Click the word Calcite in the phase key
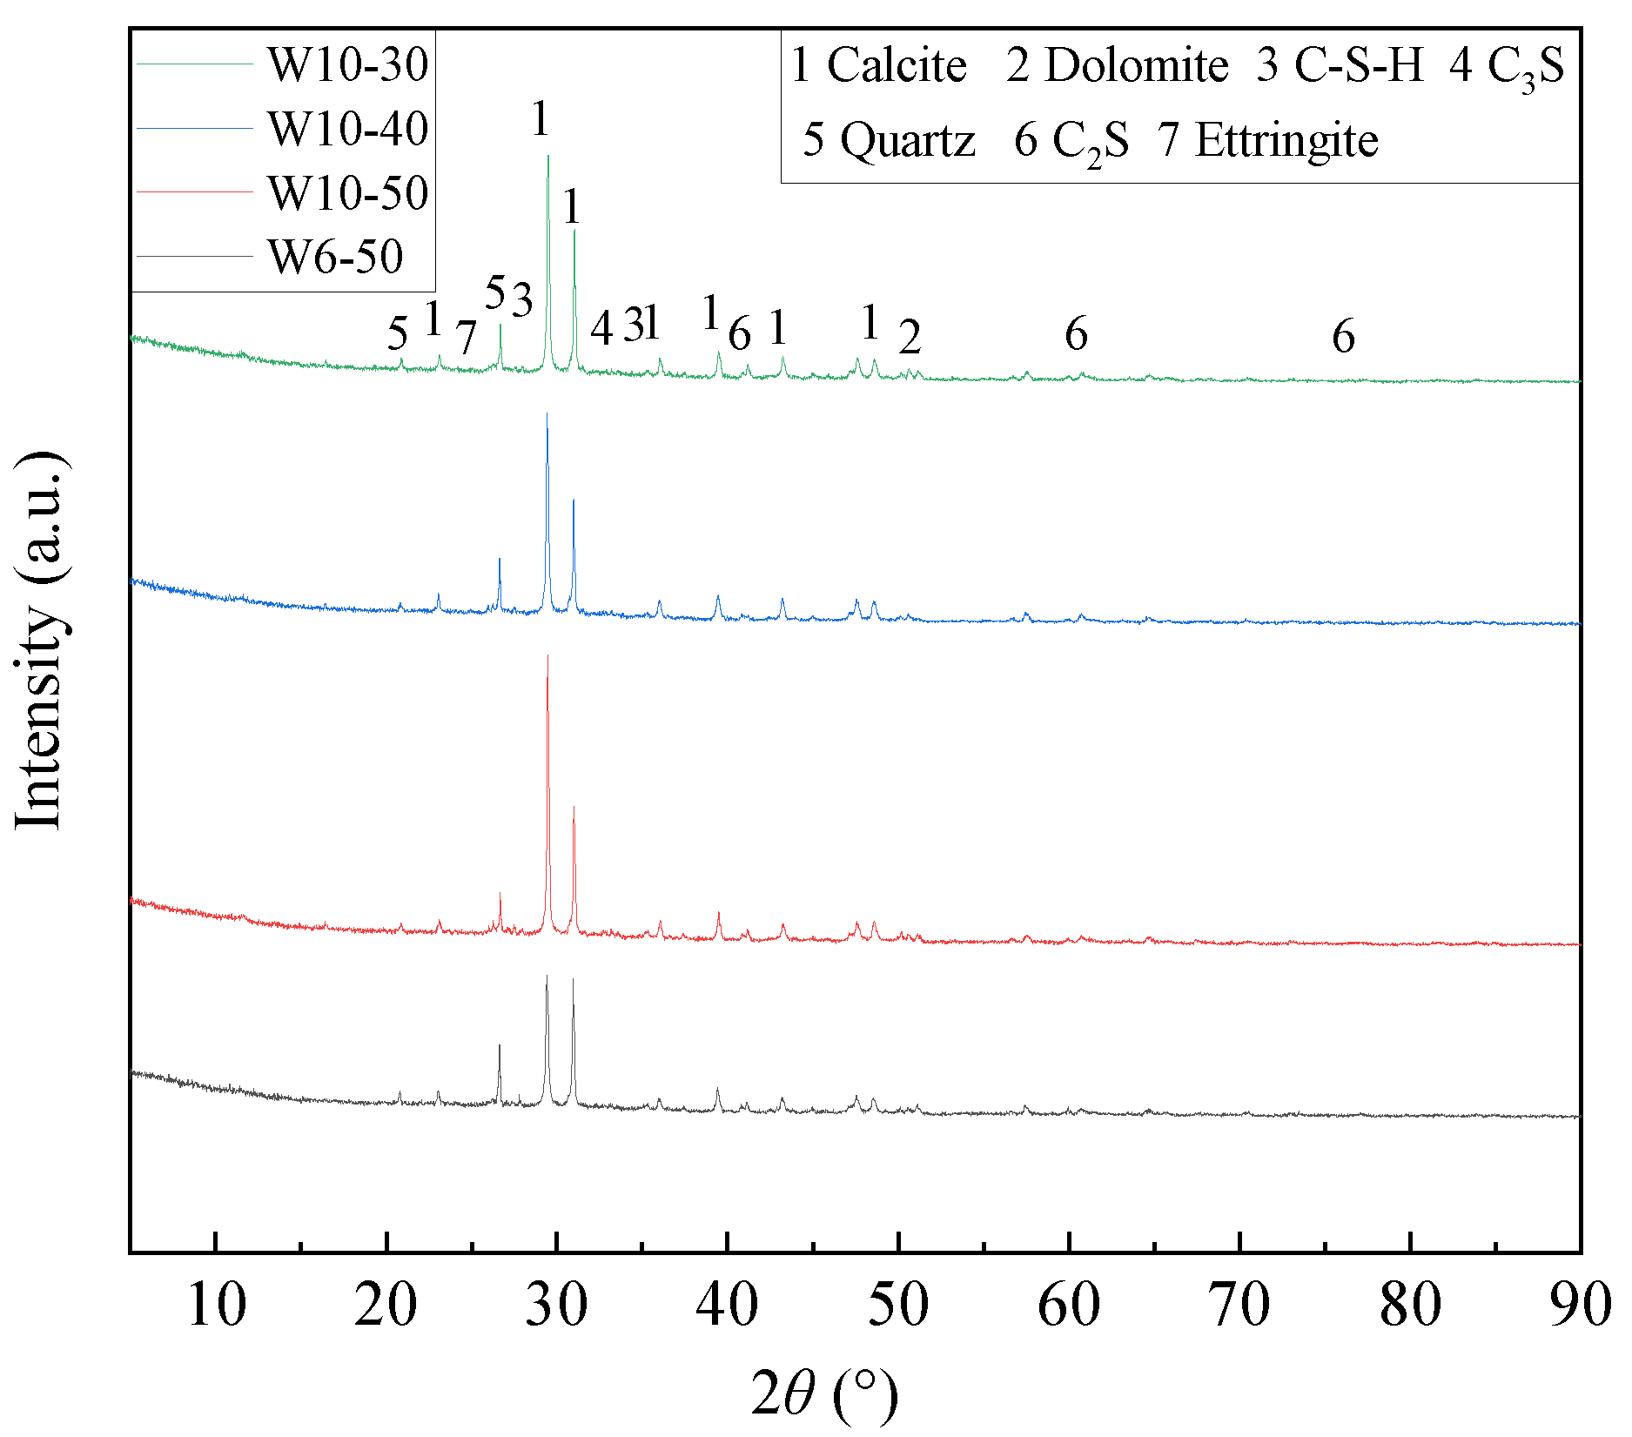897,65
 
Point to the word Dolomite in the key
1136,65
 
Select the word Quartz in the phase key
907,140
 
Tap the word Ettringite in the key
1286,140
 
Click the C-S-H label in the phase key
1359,65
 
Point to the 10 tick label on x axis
216,1306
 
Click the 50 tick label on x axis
898,1306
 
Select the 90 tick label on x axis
1580,1306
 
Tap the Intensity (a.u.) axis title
40,641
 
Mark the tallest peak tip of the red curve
547,655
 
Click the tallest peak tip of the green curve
547,156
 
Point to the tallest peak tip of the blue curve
547,413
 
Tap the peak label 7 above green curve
467,338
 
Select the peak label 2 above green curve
910,337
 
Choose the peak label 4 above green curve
601,329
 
